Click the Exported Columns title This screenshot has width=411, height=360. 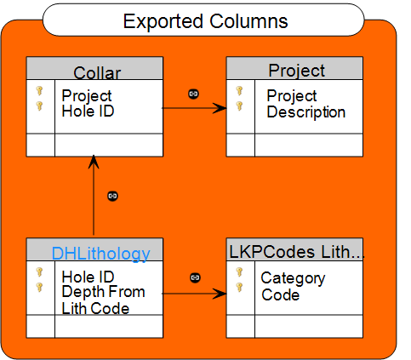tap(205, 21)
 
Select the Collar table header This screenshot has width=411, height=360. tap(97, 72)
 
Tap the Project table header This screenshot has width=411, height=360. tap(297, 70)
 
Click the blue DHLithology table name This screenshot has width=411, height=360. tap(100, 254)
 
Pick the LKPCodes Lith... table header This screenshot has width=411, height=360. tap(296, 252)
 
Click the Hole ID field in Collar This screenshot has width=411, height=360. tap(88, 111)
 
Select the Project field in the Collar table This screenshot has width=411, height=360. tap(87, 96)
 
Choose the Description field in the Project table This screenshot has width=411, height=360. tap(306, 111)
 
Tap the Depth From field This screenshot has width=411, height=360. tap(103, 292)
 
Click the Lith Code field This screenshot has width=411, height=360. tap(95, 308)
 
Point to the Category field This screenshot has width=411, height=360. tap(293, 278)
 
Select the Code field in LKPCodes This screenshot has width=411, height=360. tap(280, 294)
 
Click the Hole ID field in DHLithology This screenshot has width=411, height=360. tap(88, 277)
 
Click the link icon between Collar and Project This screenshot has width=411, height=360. tap(193, 94)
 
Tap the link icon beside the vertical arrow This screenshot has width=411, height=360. tap(112, 196)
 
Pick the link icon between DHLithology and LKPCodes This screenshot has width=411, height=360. tap(195, 277)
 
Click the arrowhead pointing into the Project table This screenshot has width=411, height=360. tap(220, 108)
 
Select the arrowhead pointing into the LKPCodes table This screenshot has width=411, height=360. tap(220, 294)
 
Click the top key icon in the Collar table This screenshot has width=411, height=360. tap(39, 91)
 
